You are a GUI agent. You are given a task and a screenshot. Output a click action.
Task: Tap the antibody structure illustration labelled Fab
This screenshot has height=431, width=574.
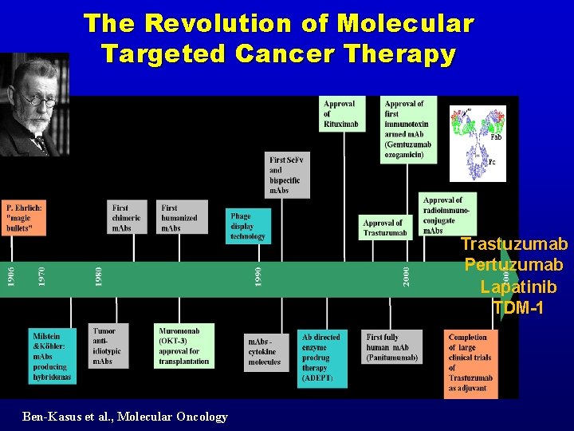478,144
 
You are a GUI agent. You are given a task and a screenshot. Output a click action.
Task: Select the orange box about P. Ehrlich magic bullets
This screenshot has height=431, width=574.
24,217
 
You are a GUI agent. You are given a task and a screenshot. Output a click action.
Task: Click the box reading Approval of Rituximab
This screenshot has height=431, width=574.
340,113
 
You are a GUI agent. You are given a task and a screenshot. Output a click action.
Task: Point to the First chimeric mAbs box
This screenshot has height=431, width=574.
128,217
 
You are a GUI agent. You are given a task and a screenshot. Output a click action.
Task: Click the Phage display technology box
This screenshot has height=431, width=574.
250,226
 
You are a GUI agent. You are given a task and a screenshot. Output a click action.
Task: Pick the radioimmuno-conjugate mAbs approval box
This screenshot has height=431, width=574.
446,214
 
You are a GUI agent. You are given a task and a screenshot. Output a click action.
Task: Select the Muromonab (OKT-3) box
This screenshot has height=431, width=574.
183,346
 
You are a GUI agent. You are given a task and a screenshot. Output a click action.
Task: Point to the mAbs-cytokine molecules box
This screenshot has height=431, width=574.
265,352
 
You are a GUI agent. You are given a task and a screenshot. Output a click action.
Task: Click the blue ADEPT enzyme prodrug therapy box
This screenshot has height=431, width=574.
323,358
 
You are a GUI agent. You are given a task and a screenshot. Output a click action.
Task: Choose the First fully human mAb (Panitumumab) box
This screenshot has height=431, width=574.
391,347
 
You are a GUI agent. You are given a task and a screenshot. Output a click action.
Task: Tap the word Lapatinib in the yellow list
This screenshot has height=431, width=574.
518,287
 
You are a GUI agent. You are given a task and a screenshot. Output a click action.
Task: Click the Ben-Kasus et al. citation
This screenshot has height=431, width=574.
125,417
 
